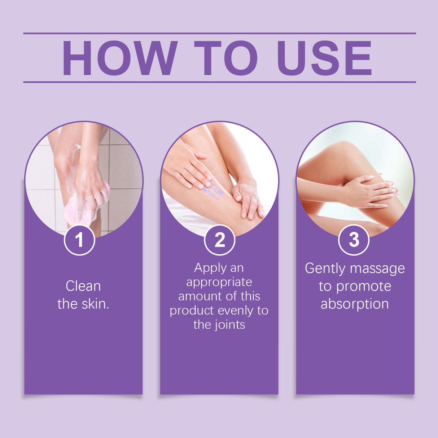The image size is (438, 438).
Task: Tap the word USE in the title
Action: click(324, 58)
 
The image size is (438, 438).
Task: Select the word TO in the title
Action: click(226, 58)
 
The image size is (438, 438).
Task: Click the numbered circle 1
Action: click(79, 240)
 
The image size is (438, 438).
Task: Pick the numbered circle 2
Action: click(219, 240)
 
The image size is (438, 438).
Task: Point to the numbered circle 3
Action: click(354, 240)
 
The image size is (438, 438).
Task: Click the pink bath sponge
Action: click(78, 211)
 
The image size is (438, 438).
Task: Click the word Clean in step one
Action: click(83, 286)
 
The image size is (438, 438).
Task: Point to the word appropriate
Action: click(219, 282)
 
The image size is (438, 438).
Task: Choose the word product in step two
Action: click(192, 311)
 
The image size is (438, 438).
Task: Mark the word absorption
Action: click(355, 304)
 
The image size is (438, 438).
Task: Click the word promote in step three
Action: click(363, 286)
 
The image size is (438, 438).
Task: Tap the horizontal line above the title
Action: click(219, 33)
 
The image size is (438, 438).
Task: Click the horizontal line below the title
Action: click(219, 82)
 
